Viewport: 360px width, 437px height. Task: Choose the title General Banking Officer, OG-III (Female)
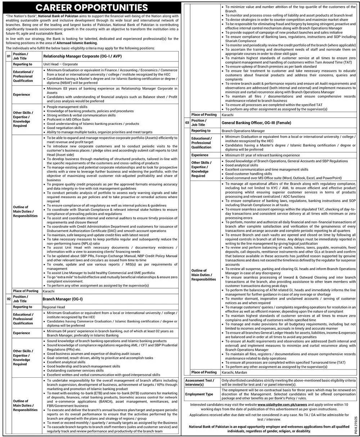click(x=257, y=123)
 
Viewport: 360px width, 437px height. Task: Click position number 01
click(x=8, y=56)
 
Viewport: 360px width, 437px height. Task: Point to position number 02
click(x=8, y=299)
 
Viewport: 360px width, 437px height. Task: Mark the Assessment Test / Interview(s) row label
click(x=199, y=382)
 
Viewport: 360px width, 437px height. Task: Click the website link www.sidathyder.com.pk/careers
click(x=284, y=405)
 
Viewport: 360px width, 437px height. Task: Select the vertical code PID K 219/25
click(x=355, y=423)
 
